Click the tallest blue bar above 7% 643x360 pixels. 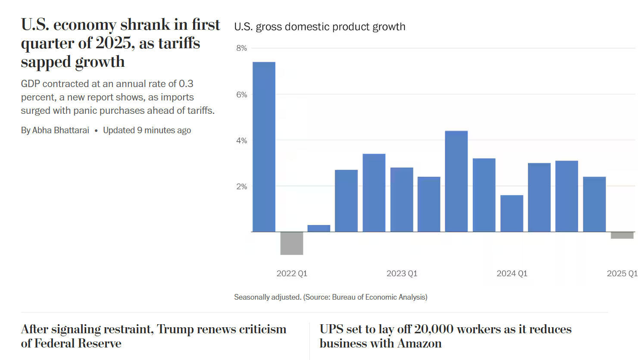pyautogui.click(x=264, y=147)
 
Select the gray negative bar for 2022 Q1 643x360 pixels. pyautogui.click(x=292, y=243)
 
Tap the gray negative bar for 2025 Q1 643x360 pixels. pyautogui.click(x=622, y=235)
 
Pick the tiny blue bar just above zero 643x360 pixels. pyautogui.click(x=319, y=229)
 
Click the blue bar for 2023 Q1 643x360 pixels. pyautogui.click(x=402, y=200)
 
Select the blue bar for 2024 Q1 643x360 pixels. pyautogui.click(x=512, y=213)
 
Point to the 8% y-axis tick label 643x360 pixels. pyautogui.click(x=241, y=48)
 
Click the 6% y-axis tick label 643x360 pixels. pyautogui.click(x=241, y=95)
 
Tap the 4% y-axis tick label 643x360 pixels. pyautogui.click(x=241, y=141)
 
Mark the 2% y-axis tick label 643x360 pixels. pyautogui.click(x=241, y=187)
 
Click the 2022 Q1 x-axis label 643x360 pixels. pyautogui.click(x=292, y=273)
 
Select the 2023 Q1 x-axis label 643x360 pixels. pyautogui.click(x=402, y=273)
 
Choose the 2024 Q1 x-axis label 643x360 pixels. pyautogui.click(x=512, y=273)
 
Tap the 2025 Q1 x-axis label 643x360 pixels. pyautogui.click(x=622, y=273)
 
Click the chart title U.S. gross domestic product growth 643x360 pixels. pyautogui.click(x=319, y=27)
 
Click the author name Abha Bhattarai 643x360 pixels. pyautogui.click(x=61, y=130)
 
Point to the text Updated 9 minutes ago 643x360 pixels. pyautogui.click(x=147, y=130)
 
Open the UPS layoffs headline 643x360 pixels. pyautogui.click(x=445, y=336)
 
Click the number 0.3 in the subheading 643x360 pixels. pyautogui.click(x=186, y=84)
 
